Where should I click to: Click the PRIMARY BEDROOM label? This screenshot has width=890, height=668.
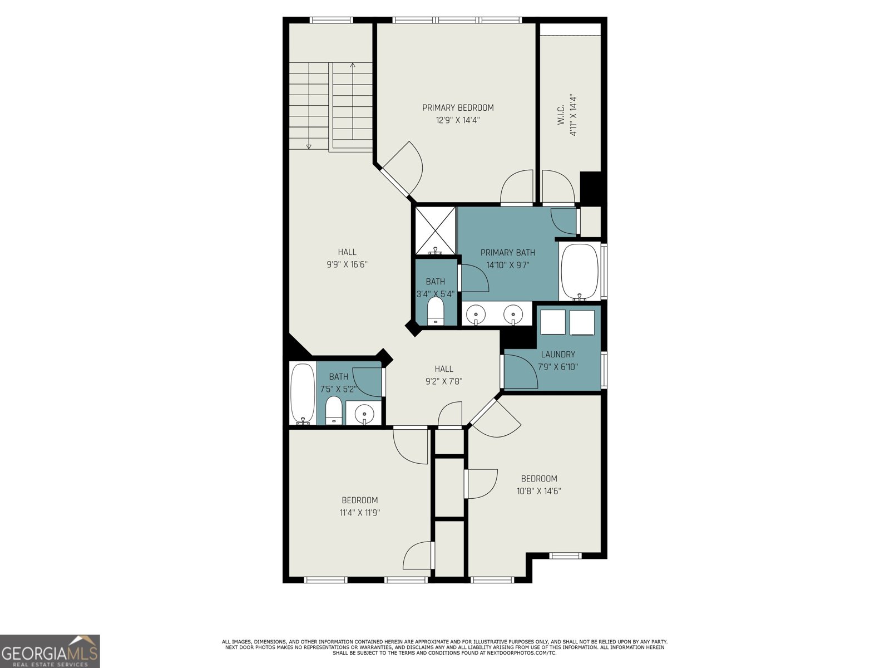pyautogui.click(x=458, y=108)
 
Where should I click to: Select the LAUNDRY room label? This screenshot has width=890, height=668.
pyautogui.click(x=558, y=355)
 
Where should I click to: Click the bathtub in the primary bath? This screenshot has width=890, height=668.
pyautogui.click(x=580, y=272)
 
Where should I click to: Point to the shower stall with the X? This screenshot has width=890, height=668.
pyautogui.click(x=436, y=230)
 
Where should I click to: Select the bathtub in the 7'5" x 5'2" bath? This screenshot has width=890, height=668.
pyautogui.click(x=302, y=394)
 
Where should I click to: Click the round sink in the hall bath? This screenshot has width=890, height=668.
pyautogui.click(x=364, y=413)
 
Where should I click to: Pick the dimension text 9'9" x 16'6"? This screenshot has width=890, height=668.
pyautogui.click(x=347, y=265)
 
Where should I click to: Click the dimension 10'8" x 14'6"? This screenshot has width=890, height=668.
pyautogui.click(x=539, y=491)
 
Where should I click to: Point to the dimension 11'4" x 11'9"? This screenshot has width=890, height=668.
pyautogui.click(x=360, y=513)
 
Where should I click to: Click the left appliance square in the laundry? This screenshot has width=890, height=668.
pyautogui.click(x=553, y=322)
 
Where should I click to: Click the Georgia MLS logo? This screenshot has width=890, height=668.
pyautogui.click(x=50, y=651)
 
